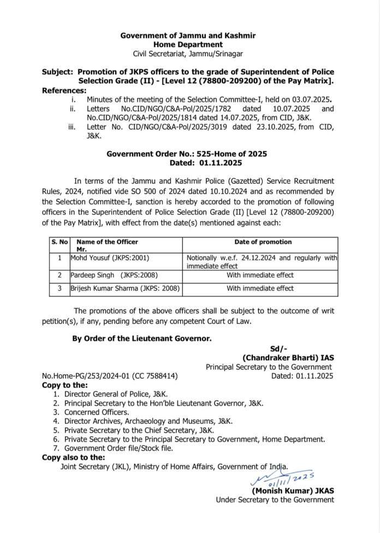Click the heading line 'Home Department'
pyautogui.click(x=187, y=44)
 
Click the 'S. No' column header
pyautogui.click(x=60, y=242)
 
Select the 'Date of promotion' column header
pyautogui.click(x=263, y=242)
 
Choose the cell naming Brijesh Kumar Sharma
pyautogui.click(x=125, y=288)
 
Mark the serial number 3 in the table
pyautogui.click(x=60, y=288)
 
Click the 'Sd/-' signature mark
pyautogui.click(x=278, y=348)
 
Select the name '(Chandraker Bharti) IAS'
pyautogui.click(x=288, y=358)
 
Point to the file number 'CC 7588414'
pyautogui.click(x=157, y=376)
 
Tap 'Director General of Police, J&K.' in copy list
pyautogui.click(x=116, y=394)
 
